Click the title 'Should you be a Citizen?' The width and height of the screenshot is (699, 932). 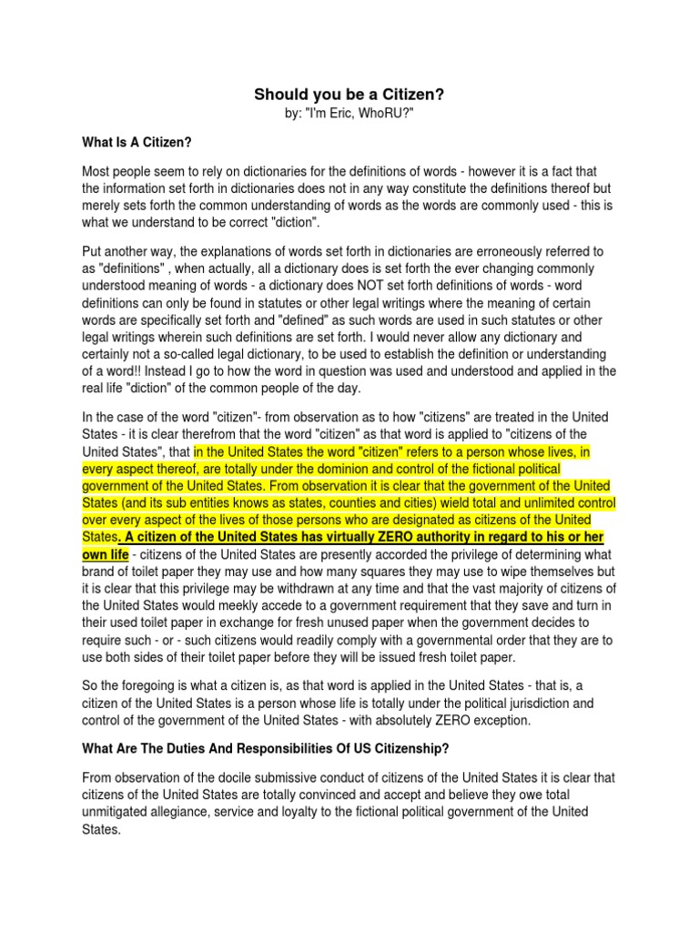coord(349,95)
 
